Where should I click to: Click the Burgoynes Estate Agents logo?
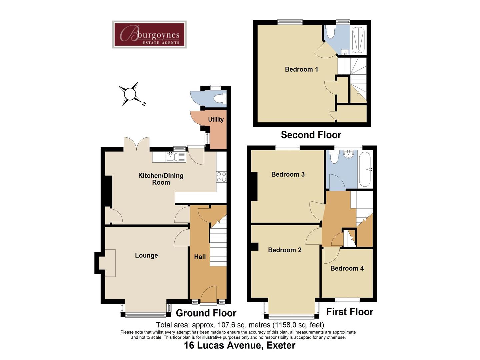click(x=149, y=35)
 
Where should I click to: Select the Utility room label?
click(x=216, y=120)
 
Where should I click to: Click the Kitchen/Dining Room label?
click(x=161, y=179)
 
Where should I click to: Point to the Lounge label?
click(x=146, y=256)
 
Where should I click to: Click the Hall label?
click(x=200, y=257)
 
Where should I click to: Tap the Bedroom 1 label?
click(x=301, y=69)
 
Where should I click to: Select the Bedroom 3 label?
click(x=288, y=174)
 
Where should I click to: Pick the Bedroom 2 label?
click(x=285, y=250)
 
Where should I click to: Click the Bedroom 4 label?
click(x=347, y=268)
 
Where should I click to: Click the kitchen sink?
click(x=171, y=157)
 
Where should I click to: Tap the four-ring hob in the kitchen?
click(x=221, y=177)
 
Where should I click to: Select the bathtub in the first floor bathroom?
click(x=365, y=170)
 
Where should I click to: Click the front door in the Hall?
click(x=208, y=295)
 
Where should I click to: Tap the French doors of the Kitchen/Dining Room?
click(x=136, y=144)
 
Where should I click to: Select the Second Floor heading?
click(x=311, y=135)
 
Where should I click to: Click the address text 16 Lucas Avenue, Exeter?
click(x=240, y=345)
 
